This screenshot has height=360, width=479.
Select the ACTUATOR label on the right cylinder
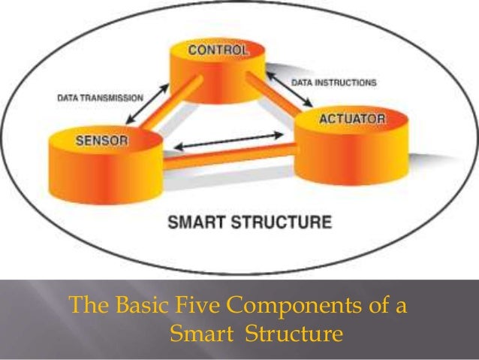coord(352,119)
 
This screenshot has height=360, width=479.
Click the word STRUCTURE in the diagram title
coord(283,222)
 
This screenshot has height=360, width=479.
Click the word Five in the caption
coord(192,307)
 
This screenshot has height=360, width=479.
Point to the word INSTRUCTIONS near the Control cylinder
coord(349,82)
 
